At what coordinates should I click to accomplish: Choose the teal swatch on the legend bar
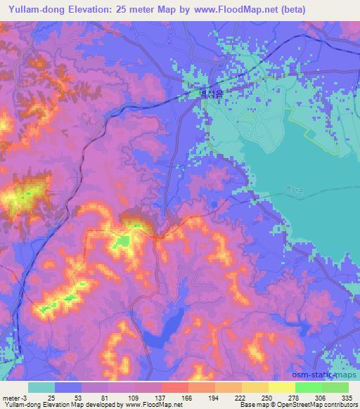[x=41, y=387]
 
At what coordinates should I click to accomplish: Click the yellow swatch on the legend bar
[x=282, y=387]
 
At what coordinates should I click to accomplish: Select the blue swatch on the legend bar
[x=68, y=387]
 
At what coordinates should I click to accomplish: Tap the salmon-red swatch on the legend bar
[x=175, y=387]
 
